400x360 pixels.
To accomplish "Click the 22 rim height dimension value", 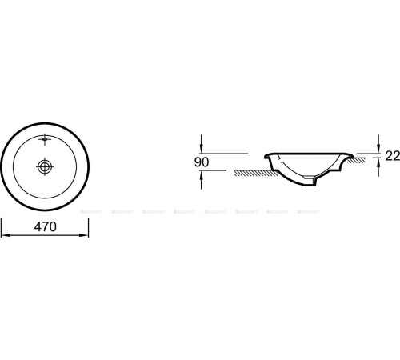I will (392, 157).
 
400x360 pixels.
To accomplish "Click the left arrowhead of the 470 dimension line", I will (4, 236).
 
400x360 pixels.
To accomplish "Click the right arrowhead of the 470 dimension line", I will (85, 236).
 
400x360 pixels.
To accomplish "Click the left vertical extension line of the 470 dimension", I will (1, 224).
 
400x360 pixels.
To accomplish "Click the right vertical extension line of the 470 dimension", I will (89, 224).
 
